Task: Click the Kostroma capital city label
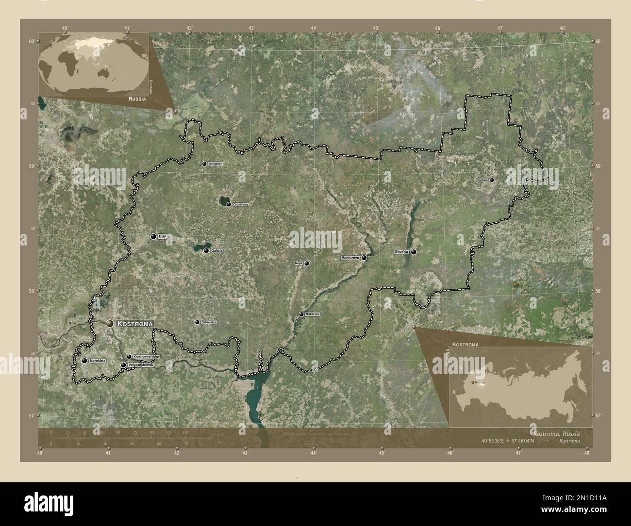point(135,323)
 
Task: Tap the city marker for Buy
point(153,237)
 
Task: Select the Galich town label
point(216,250)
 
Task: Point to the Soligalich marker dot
point(204,164)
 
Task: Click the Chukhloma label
point(241,205)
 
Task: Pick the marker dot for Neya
point(307,263)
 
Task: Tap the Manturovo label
point(350,258)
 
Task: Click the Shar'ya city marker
point(414,252)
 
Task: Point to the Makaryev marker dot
point(301,314)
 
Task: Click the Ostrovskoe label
point(209,322)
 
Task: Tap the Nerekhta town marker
point(84,361)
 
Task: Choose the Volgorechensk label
point(140,365)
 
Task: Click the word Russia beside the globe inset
point(137,98)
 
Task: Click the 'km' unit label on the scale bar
point(220,433)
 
